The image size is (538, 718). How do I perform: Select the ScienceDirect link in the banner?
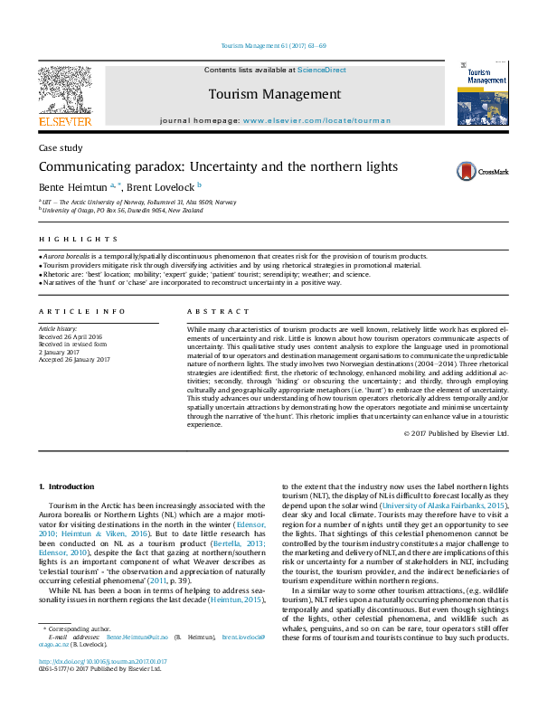323,70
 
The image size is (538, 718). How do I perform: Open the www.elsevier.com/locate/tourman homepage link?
316,120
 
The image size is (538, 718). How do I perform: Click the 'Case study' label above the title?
60,147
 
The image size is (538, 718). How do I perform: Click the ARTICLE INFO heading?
82,311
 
